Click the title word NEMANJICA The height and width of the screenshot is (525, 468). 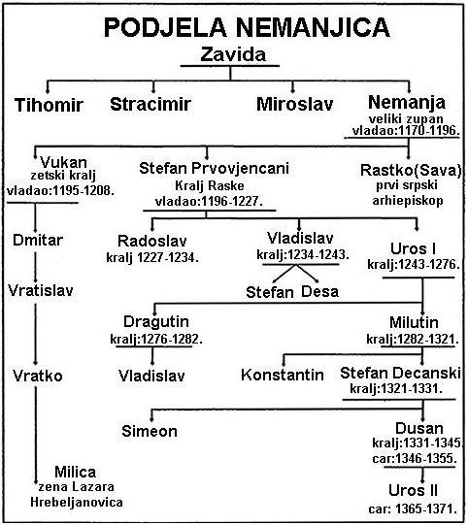313,27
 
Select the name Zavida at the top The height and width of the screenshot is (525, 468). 233,54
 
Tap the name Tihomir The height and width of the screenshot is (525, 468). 49,105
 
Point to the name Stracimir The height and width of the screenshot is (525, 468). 150,104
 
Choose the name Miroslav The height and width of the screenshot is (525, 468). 295,104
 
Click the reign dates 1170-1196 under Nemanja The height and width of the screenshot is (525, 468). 427,130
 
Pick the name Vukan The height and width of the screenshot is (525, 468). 64,163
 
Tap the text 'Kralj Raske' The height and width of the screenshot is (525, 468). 210,185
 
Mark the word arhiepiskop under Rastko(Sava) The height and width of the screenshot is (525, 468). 408,201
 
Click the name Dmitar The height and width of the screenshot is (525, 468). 38,240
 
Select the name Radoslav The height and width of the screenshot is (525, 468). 152,241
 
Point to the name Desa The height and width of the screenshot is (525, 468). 319,292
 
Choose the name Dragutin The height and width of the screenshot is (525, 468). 156,322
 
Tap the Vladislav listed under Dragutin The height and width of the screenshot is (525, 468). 151,376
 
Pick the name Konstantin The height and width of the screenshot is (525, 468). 283,375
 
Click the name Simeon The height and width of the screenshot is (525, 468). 150,431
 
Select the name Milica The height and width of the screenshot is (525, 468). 76,472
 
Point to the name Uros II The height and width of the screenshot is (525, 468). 413,490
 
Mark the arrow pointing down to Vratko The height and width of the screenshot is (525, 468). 35,334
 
